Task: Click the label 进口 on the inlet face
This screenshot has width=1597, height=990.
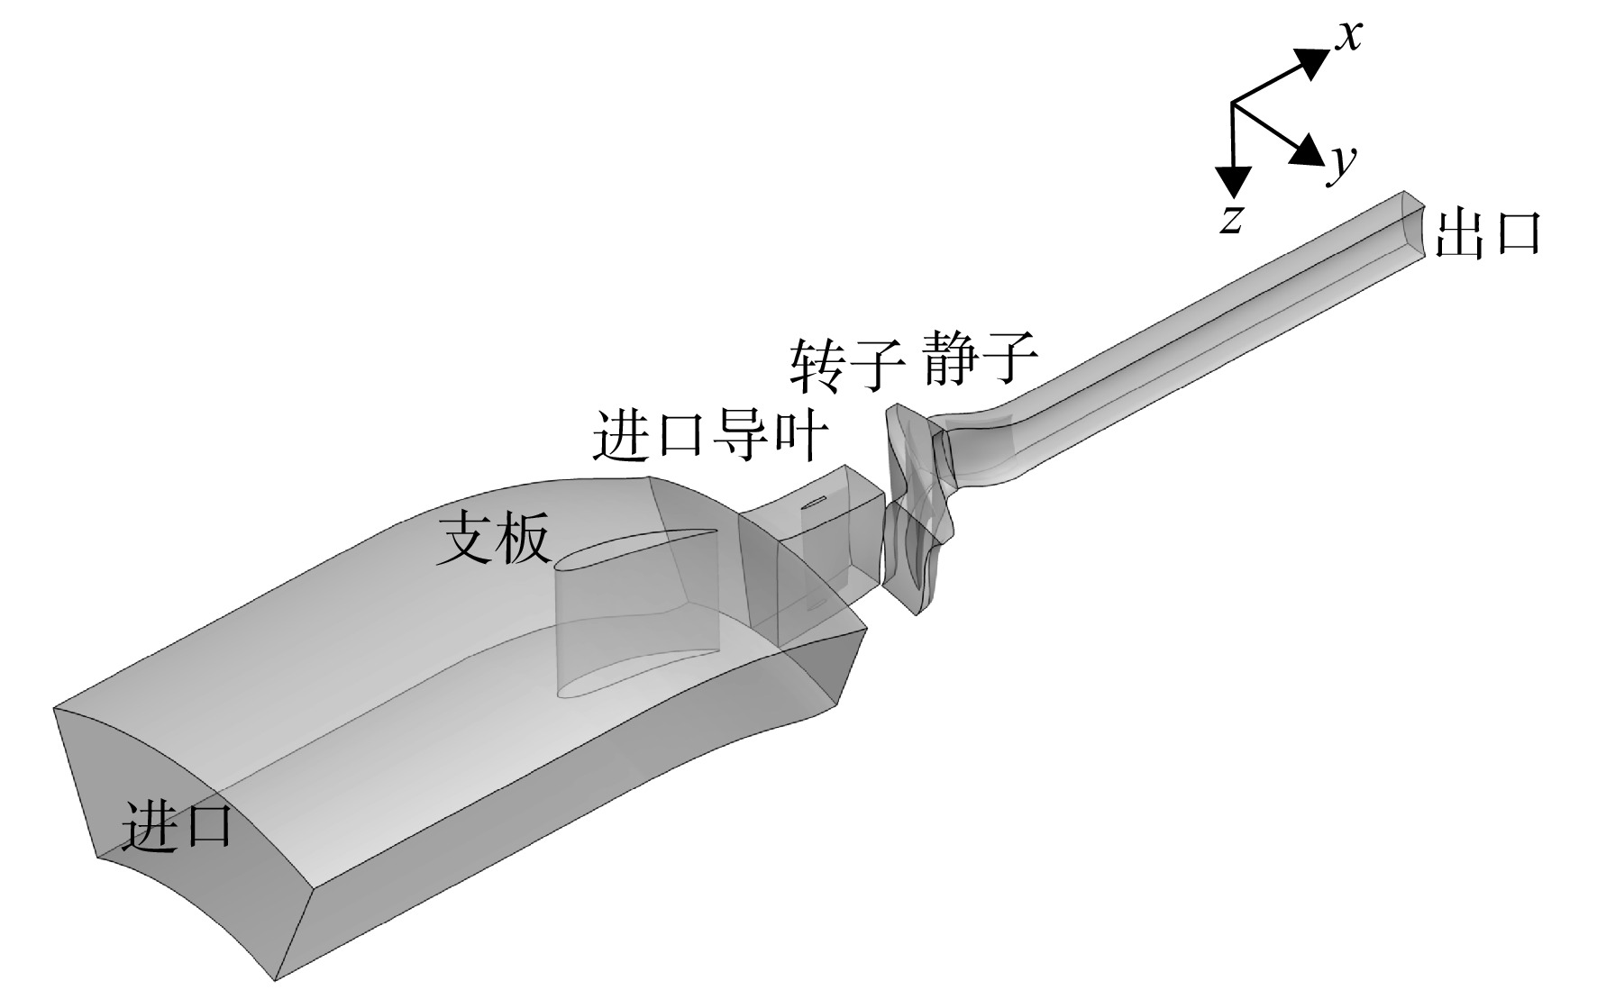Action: coord(177,823)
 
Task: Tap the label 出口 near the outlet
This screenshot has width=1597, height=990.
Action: coord(1486,234)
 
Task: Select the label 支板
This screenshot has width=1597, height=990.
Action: coord(492,541)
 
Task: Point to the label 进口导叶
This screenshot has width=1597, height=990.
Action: coord(709,437)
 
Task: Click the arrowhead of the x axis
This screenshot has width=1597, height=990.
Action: coord(1312,61)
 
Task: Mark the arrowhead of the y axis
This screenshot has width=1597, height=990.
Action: coord(1308,150)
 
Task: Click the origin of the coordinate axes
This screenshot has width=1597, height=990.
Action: coord(1232,104)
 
